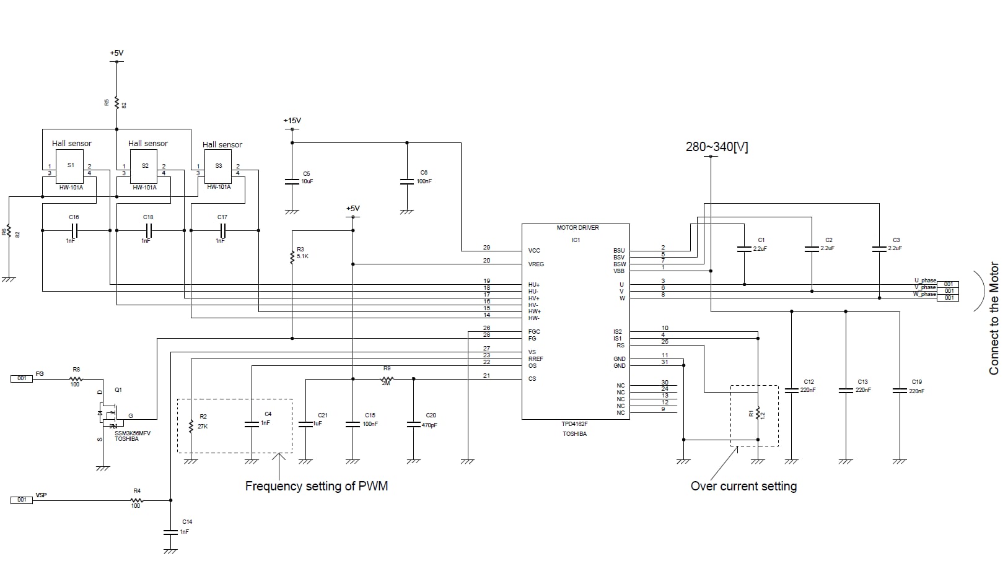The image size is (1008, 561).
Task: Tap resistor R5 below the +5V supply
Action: pyautogui.click(x=116, y=103)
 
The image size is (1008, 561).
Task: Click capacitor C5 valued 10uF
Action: pyautogui.click(x=292, y=181)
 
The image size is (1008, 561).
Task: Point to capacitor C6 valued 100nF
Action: pyautogui.click(x=406, y=181)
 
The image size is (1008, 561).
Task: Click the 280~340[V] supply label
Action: pyautogui.click(x=716, y=147)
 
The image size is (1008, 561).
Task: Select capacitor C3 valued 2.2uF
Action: pyautogui.click(x=879, y=248)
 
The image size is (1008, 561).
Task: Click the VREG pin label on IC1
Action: pyautogui.click(x=535, y=264)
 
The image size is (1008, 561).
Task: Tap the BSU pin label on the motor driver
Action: pyautogui.click(x=618, y=251)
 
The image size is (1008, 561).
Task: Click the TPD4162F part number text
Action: pyautogui.click(x=574, y=425)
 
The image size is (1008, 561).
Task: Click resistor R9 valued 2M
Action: pyautogui.click(x=387, y=379)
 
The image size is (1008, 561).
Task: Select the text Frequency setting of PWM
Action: pyautogui.click(x=316, y=486)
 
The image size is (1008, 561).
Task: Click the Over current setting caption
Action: pyautogui.click(x=743, y=486)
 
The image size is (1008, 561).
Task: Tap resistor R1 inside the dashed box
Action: pyautogui.click(x=758, y=414)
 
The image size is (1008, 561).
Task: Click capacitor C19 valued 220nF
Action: pyautogui.click(x=900, y=390)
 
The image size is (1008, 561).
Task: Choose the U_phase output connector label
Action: pyautogui.click(x=925, y=280)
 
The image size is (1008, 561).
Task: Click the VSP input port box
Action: pyautogui.click(x=22, y=500)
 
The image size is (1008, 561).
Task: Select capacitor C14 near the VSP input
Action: pyautogui.click(x=170, y=531)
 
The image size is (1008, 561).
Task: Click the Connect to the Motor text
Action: pyautogui.click(x=994, y=318)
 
